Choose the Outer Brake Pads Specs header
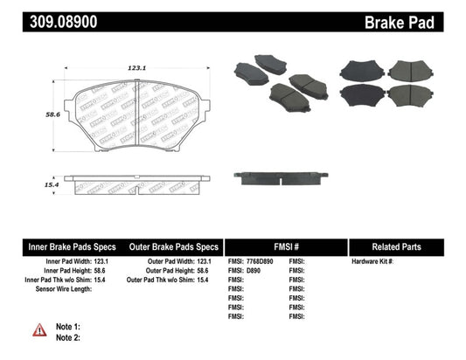tap(172, 246)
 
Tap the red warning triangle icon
tap(40, 329)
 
